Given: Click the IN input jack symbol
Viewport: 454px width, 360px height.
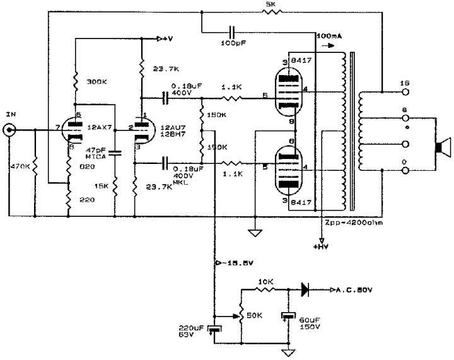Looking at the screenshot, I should pos(10,131).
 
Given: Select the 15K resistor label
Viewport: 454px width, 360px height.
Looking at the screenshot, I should pos(102,187).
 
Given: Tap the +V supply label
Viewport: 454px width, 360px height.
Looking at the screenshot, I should pos(167,39).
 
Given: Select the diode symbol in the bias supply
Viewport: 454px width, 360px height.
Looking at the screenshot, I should pos(306,290).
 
